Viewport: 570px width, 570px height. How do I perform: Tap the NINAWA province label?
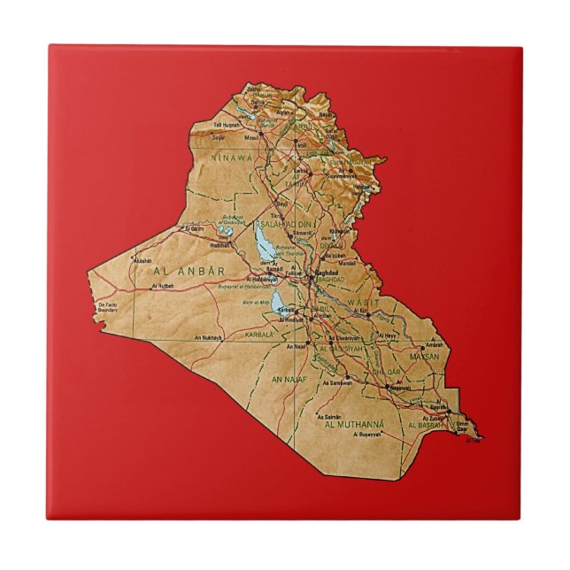[231, 158]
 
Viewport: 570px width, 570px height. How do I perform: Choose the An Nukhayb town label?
[204, 337]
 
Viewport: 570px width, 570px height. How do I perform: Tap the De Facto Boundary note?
[107, 308]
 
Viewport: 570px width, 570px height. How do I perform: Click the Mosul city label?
[252, 138]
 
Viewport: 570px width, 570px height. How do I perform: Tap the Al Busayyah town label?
[367, 435]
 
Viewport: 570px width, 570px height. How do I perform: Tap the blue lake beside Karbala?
[280, 305]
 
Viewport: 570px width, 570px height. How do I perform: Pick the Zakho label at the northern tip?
[254, 89]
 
